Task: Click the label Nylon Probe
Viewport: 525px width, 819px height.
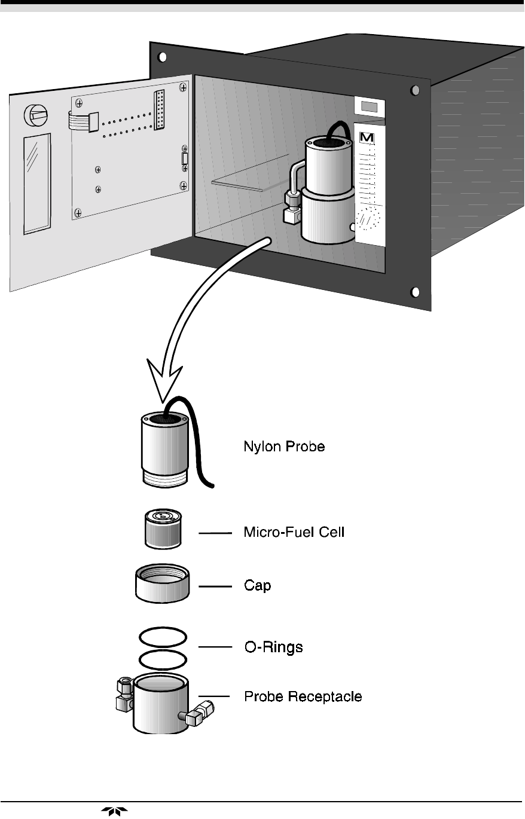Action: click(x=284, y=447)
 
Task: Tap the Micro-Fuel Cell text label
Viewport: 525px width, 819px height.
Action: click(x=294, y=532)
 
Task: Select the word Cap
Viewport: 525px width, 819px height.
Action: click(x=257, y=586)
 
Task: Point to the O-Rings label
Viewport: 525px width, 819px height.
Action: click(x=273, y=647)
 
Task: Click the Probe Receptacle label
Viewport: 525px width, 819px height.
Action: click(x=303, y=696)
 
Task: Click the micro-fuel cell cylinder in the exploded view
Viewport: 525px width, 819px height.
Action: click(x=163, y=528)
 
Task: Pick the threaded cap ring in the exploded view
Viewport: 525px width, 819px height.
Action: click(x=162, y=583)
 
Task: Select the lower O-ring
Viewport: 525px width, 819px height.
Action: click(x=163, y=651)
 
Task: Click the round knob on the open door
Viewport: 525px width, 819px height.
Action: click(x=35, y=115)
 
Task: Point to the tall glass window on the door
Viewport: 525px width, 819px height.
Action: click(x=37, y=184)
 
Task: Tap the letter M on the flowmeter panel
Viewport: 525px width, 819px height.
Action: click(x=367, y=137)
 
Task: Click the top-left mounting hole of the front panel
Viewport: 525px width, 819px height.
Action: click(x=162, y=57)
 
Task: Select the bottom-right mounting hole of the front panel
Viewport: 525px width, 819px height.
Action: click(x=415, y=292)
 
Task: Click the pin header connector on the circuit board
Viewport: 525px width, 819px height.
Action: click(x=159, y=109)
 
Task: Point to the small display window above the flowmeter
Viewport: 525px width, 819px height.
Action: click(x=370, y=106)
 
